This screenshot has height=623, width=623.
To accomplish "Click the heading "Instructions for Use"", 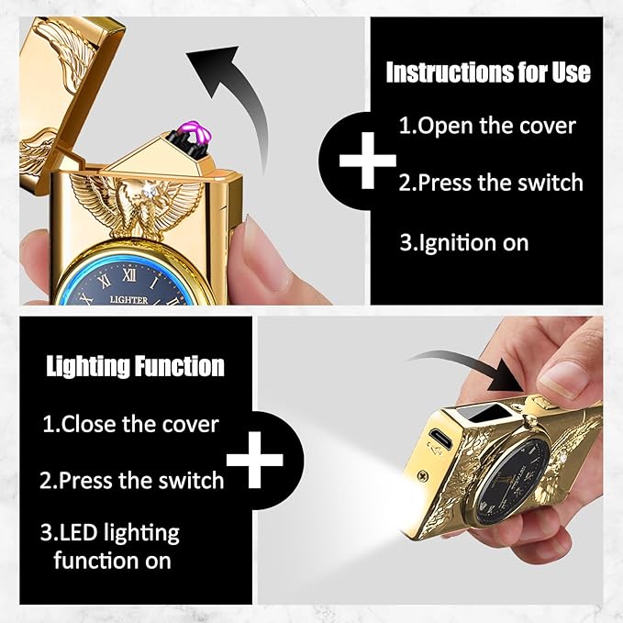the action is [x=488, y=72].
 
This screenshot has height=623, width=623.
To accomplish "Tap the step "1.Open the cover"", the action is [x=487, y=126].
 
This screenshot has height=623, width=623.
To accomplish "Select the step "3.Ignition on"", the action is [x=464, y=242].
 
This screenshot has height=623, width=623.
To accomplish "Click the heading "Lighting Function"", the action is [x=135, y=365].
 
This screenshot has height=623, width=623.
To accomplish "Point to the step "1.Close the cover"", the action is [x=130, y=424].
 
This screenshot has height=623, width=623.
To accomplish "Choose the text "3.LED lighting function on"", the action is [x=110, y=546].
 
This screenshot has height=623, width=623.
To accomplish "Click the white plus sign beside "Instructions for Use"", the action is [x=368, y=161].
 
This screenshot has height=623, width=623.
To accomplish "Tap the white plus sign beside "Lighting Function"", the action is [x=255, y=460].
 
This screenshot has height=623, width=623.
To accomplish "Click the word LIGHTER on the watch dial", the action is [x=128, y=300].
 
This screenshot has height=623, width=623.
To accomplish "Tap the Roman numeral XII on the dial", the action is [x=129, y=274].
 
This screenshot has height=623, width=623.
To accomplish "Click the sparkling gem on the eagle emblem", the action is [x=150, y=192].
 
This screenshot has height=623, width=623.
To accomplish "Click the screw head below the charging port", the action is [x=424, y=474].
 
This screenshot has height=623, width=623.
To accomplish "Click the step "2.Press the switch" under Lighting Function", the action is [x=132, y=480].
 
